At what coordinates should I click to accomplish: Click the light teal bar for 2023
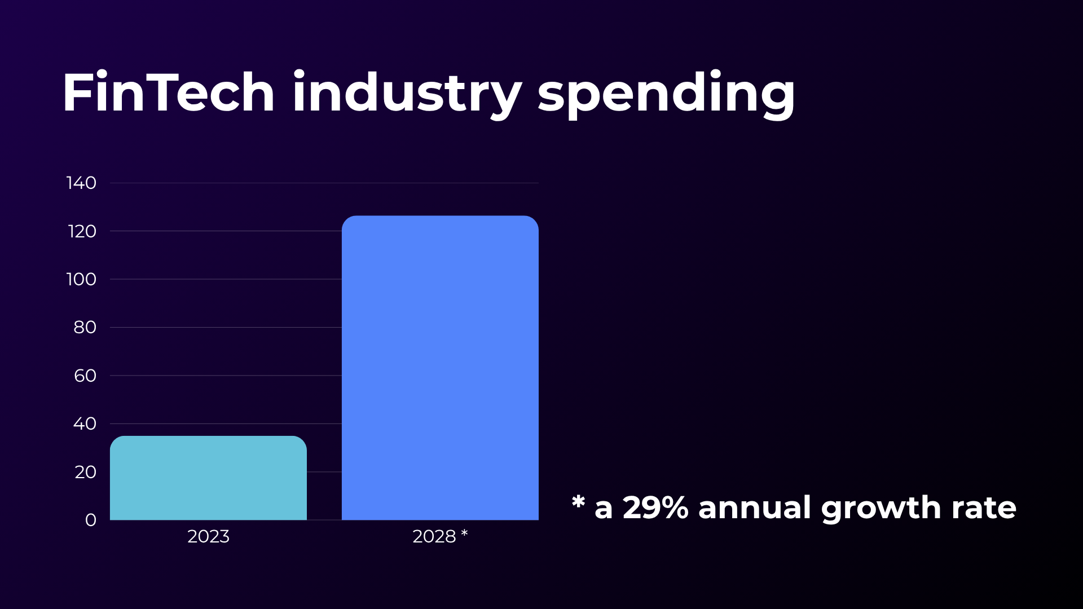[208, 478]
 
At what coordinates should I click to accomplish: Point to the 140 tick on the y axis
[81, 183]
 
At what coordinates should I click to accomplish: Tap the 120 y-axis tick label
[82, 231]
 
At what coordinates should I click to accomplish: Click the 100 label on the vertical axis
[81, 279]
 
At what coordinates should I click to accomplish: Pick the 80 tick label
[85, 327]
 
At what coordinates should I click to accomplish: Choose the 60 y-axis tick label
[85, 376]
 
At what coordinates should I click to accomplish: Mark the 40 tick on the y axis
[85, 423]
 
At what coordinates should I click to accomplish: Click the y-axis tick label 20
[85, 472]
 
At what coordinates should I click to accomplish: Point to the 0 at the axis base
[90, 520]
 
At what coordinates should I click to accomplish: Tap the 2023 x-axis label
[208, 536]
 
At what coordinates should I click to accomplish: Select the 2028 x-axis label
[434, 536]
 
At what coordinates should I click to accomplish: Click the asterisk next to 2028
[464, 533]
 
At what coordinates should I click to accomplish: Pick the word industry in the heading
[407, 94]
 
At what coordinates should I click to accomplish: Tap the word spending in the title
[666, 94]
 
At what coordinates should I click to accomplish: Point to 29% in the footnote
[655, 507]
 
